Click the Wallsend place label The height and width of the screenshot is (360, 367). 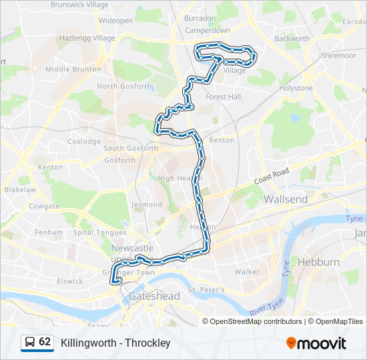coord(286,199)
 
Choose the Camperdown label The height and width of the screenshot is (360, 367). coord(207,31)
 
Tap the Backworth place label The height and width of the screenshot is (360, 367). coord(292,39)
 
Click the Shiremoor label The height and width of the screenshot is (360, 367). coord(338,56)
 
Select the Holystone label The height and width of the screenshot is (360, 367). coord(296,88)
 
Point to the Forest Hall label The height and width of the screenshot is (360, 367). coord(223,97)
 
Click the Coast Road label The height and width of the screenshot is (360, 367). coord(272,177)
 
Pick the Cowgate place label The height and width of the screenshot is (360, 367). coord(44,207)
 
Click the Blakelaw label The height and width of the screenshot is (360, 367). coord(20,189)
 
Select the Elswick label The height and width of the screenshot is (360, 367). coord(70,281)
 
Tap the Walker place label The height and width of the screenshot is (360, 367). coord(247,272)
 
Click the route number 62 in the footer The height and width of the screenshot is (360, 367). coord(45,342)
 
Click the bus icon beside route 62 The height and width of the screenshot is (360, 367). coord(29,342)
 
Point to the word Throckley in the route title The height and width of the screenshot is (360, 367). coord(150,343)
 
